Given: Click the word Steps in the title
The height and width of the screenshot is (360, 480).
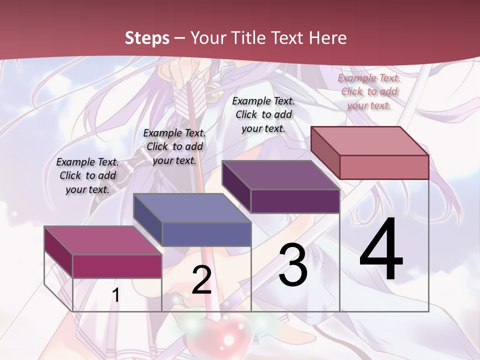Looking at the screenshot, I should click(147, 38).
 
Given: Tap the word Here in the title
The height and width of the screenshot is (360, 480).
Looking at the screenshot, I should click(327, 38).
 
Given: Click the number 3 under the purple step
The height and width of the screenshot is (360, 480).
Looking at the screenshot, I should click(293, 265).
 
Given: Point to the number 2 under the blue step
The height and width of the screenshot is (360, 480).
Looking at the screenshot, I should click(201, 280).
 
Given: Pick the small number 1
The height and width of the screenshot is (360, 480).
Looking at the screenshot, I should click(115, 295).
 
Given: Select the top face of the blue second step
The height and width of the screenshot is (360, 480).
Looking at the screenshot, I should click(192, 208).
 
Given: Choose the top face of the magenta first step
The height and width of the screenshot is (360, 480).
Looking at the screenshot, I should click(103, 240).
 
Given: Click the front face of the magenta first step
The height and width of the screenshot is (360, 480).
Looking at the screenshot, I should click(117, 266).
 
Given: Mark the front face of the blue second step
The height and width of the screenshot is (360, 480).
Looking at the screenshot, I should click(206, 234).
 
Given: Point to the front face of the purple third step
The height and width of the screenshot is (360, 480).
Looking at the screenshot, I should click(295, 201).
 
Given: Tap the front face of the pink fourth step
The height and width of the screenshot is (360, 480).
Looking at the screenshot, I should click(384, 167).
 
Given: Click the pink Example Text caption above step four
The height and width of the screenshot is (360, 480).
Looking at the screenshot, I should click(369, 91).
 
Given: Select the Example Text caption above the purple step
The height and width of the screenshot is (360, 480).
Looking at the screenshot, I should click(263, 114).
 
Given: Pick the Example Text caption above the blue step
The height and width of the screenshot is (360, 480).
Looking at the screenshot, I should click(174, 146).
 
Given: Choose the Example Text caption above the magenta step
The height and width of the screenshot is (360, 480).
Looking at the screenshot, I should click(87, 175).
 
